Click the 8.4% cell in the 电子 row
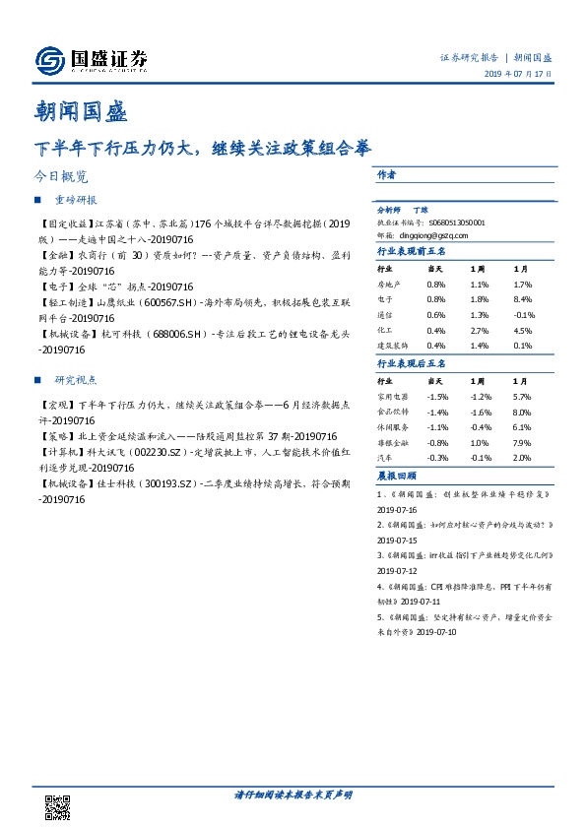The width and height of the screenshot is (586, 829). (x=523, y=299)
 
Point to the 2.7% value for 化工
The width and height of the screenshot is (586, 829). (x=480, y=330)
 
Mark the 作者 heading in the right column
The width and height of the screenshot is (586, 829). (x=387, y=173)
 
